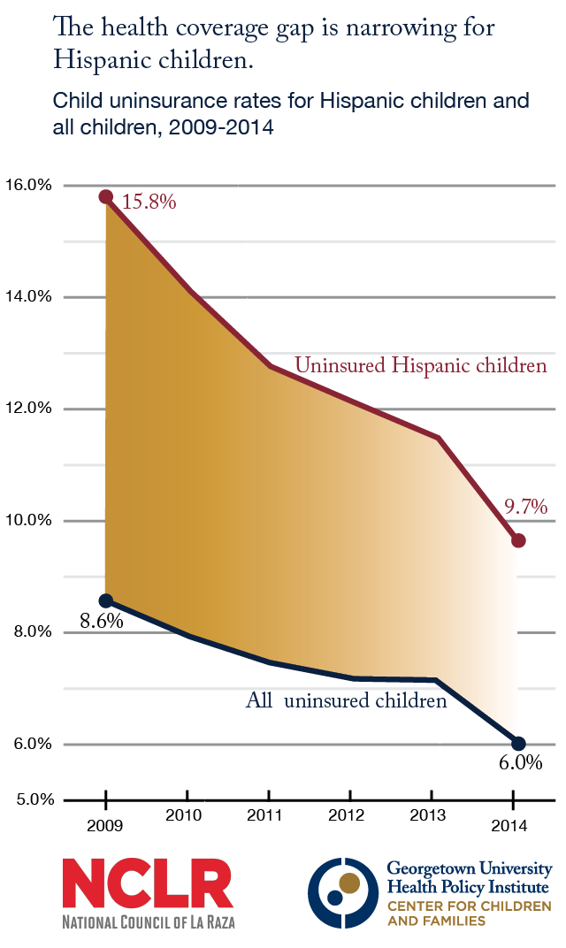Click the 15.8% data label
point(149,203)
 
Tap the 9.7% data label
point(526,508)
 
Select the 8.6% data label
point(101,621)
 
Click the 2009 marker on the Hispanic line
point(106,196)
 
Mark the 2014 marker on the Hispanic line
point(518,540)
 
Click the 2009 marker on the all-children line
point(106,600)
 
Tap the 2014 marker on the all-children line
point(518,744)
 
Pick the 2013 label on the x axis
point(432,815)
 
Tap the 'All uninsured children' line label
point(346,702)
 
